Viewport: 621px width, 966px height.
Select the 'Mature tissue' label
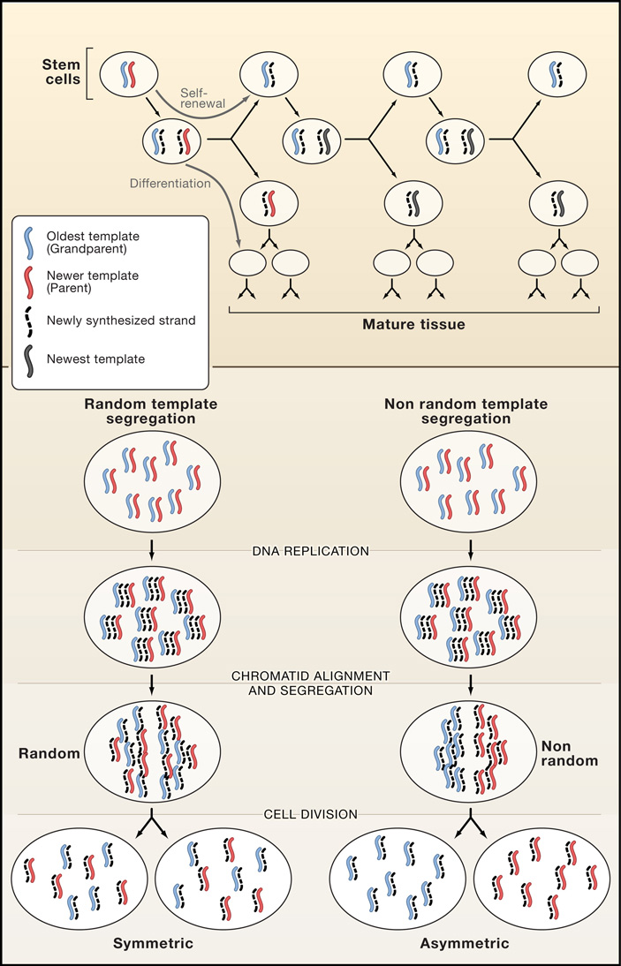tap(413, 324)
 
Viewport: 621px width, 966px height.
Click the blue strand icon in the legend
tap(31, 241)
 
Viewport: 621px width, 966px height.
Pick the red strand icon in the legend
tap(31, 282)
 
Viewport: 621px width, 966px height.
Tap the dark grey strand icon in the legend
tap(31, 358)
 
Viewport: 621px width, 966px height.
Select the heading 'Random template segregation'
tap(151, 411)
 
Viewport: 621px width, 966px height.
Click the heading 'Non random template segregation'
tap(466, 411)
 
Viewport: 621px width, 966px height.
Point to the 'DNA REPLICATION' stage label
tap(310, 551)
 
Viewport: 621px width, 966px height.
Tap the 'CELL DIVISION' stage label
tap(310, 814)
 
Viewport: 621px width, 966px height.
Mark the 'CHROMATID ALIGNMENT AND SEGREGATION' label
tap(310, 682)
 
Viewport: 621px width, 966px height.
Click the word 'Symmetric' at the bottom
tap(153, 944)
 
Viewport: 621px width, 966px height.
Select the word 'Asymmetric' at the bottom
tap(466, 944)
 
